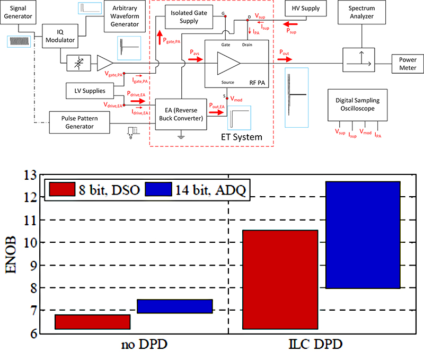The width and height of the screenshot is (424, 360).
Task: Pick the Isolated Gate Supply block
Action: [x=185, y=17]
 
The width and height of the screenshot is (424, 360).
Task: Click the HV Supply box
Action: [x=305, y=8]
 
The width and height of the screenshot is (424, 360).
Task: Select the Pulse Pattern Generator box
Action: [x=78, y=121]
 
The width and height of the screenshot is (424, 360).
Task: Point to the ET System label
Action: [x=241, y=137]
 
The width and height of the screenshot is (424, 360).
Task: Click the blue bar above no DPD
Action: [x=174, y=306]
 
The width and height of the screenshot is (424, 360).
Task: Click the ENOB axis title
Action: [x=13, y=254]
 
